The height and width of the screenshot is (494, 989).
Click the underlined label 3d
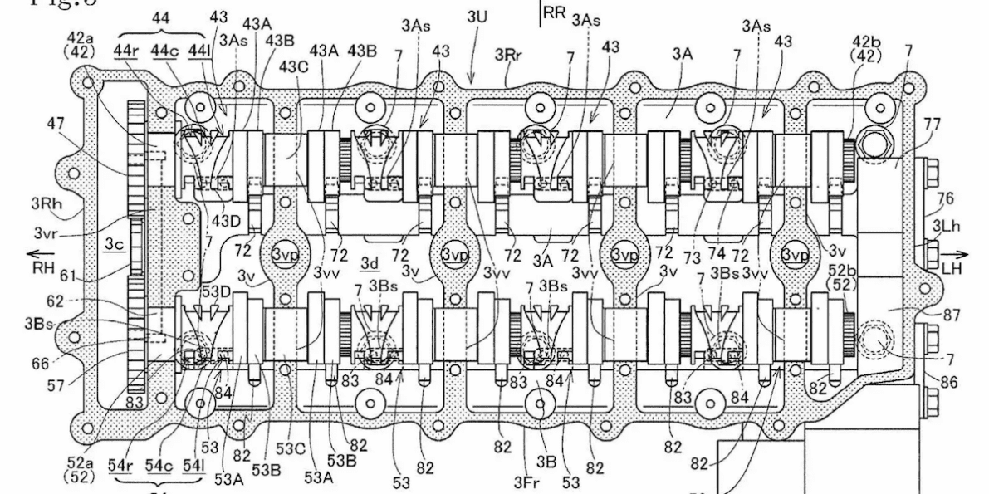(370, 262)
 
